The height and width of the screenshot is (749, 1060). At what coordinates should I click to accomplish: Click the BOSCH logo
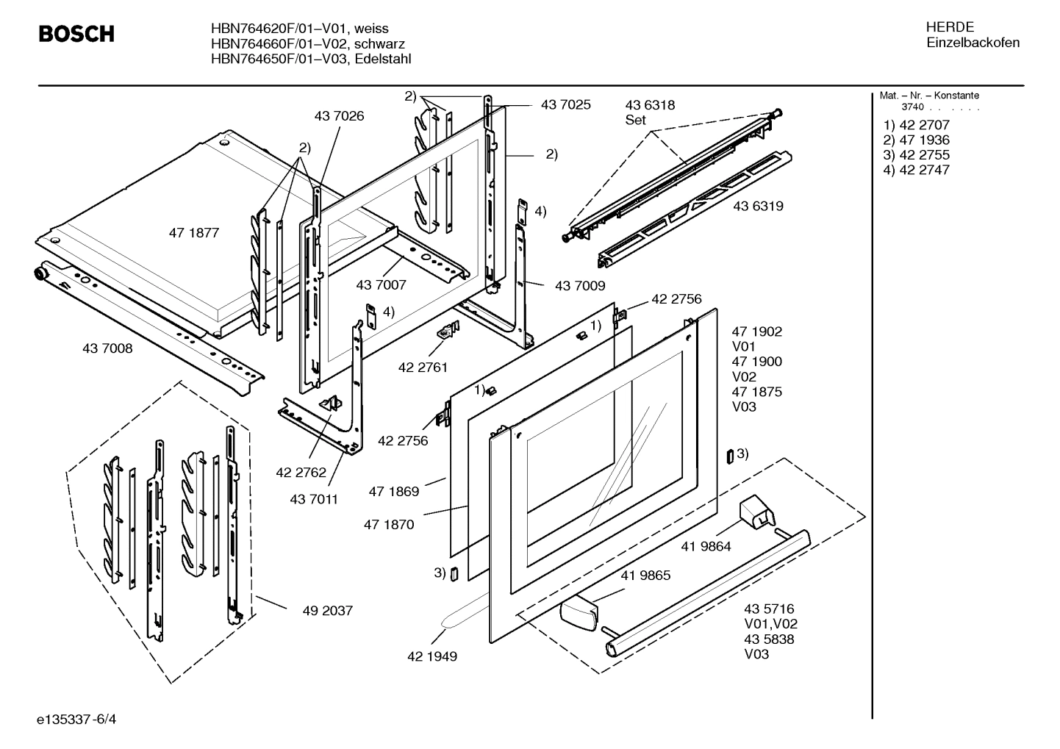[76, 34]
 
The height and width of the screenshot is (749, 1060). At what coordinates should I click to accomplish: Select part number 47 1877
[194, 233]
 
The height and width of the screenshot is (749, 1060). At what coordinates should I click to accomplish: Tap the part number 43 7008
[107, 348]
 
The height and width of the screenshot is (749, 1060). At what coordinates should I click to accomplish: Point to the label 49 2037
[327, 610]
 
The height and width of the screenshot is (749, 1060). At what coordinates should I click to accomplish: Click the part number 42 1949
[431, 656]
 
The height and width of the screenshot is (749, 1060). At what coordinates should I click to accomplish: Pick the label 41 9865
[645, 576]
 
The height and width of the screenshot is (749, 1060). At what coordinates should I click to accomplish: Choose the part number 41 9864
[706, 546]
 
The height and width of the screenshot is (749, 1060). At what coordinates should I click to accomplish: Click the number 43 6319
[758, 206]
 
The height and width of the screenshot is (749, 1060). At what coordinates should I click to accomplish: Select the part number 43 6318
[650, 105]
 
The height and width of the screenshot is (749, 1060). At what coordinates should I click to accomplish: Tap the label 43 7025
[565, 105]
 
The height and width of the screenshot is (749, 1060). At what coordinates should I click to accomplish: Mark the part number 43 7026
[339, 116]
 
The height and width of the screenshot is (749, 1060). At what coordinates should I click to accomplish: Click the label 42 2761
[423, 367]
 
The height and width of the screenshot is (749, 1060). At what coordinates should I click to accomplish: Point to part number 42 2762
[301, 473]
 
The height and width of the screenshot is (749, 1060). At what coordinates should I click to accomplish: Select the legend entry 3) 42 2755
[916, 155]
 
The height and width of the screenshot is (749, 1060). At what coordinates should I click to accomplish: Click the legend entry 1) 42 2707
[916, 125]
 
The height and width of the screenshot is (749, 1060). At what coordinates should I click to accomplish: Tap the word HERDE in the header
[950, 27]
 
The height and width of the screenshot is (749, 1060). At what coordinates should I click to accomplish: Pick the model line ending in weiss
[299, 29]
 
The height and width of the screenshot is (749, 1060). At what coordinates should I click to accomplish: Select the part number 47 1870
[388, 524]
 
